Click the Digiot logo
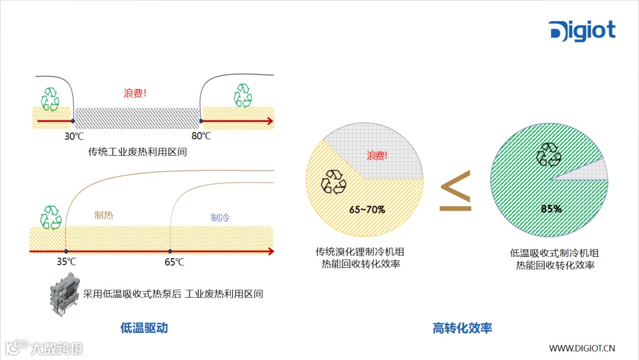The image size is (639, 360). click(582, 30)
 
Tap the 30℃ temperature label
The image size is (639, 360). click(74, 136)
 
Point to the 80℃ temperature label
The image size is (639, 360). click(201, 136)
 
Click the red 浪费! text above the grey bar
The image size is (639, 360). click(135, 94)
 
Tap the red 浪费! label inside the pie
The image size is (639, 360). click(377, 156)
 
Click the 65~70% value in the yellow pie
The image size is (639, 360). click(367, 210)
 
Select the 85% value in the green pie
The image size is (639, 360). click(551, 209)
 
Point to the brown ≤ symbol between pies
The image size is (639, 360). click(455, 191)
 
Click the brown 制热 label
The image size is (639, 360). click(104, 216)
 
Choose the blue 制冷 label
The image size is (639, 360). click(220, 217)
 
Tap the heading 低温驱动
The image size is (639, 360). click(144, 327)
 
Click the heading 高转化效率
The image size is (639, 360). click(463, 327)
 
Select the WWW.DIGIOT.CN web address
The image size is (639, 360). click(582, 348)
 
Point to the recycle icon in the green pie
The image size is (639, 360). click(548, 155)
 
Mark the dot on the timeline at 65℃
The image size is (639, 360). click(170, 252)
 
